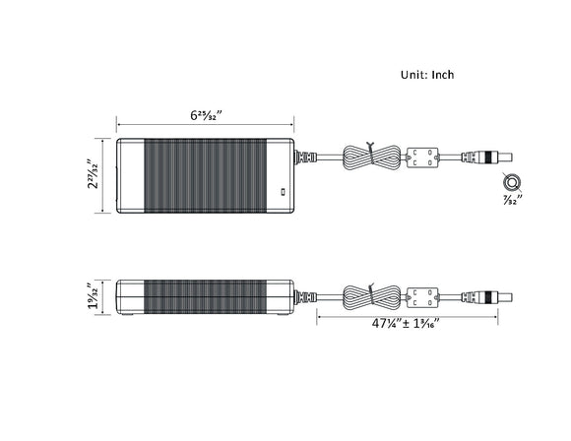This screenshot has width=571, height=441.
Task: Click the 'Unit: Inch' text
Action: (x=427, y=74)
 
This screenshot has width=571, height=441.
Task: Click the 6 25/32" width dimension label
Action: (x=207, y=115)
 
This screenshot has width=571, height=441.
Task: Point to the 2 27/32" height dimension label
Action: (x=93, y=175)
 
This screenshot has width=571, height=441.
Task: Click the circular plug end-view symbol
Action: (x=512, y=182)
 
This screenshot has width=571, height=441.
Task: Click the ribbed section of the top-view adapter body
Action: (x=206, y=175)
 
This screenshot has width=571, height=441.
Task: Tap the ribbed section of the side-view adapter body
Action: (x=206, y=293)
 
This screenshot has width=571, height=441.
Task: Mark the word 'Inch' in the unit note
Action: (x=441, y=74)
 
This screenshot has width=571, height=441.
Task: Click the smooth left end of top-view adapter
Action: (x=130, y=175)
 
